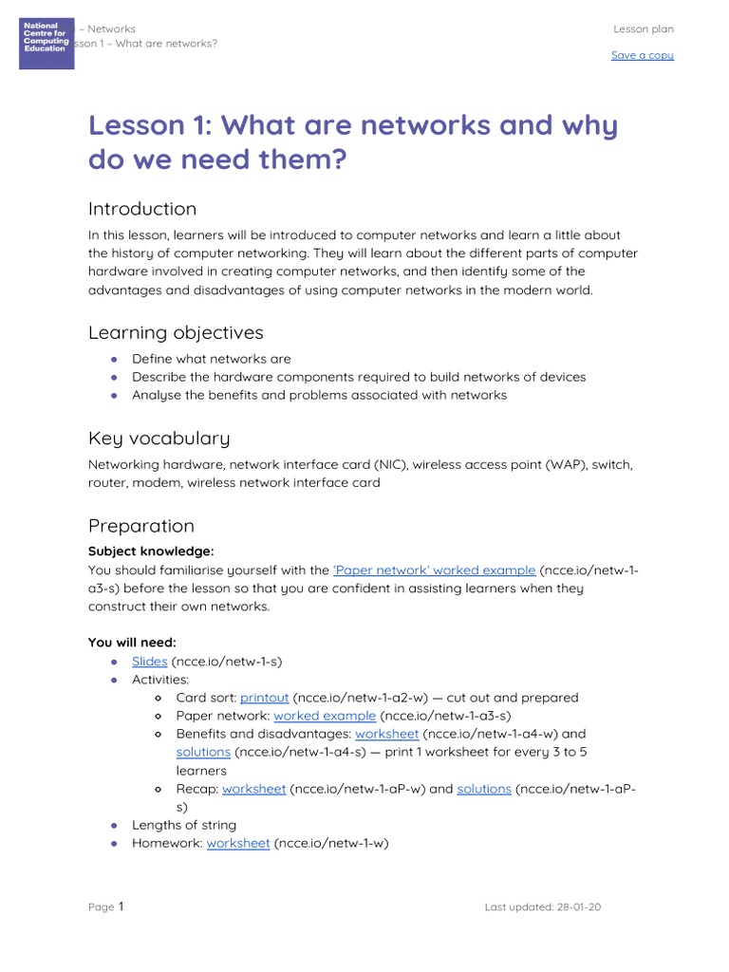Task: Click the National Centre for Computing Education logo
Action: click(x=47, y=43)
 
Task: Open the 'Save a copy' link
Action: click(x=642, y=55)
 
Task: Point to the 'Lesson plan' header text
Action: click(x=643, y=29)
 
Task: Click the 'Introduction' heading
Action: click(x=142, y=209)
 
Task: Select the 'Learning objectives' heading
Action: click(x=176, y=332)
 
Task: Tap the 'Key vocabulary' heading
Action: click(x=159, y=438)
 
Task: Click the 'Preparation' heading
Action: click(x=140, y=526)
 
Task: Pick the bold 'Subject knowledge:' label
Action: click(x=151, y=551)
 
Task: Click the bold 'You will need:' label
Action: click(x=132, y=643)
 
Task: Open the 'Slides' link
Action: click(x=150, y=661)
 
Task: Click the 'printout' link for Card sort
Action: click(x=264, y=698)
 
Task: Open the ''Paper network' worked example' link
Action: click(x=434, y=570)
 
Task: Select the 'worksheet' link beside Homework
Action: click(x=238, y=843)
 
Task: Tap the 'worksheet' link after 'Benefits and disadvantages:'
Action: click(x=386, y=734)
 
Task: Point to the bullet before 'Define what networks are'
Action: click(x=114, y=360)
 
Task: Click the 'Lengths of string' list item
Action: click(x=184, y=825)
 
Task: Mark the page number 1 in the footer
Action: click(x=121, y=907)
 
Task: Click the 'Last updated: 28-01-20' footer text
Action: click(x=542, y=907)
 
